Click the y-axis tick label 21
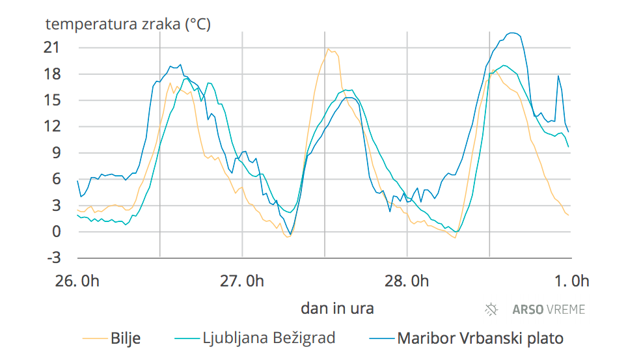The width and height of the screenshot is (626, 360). [x=51, y=48]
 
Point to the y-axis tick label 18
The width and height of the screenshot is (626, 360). [x=51, y=74]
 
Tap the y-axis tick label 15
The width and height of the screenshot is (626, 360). [x=51, y=100]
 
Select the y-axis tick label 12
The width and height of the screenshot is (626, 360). [x=51, y=126]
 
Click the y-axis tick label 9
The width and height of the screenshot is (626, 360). [x=55, y=153]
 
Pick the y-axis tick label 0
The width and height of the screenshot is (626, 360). [x=55, y=232]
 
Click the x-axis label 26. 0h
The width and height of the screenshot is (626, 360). [x=77, y=281]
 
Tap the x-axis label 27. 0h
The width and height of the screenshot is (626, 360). [x=241, y=281]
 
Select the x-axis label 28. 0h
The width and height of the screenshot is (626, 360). [x=406, y=281]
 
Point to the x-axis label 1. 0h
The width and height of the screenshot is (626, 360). [x=571, y=281]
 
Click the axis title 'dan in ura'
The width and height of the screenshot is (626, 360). [x=337, y=308]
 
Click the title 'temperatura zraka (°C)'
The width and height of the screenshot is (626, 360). [x=128, y=25]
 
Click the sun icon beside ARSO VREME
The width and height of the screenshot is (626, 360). [x=492, y=309]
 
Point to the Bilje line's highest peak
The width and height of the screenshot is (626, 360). [x=329, y=48]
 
